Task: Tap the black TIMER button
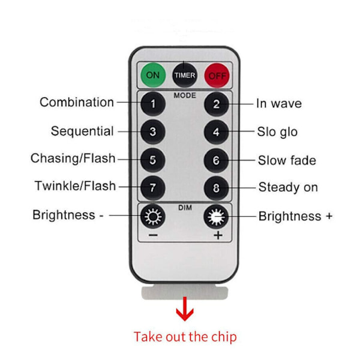(x=185, y=76)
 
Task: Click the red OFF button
(x=217, y=76)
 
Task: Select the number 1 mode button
(x=153, y=104)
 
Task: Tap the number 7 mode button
(x=153, y=188)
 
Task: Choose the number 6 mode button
(x=216, y=160)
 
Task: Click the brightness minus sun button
(x=153, y=216)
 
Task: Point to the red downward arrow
(x=185, y=309)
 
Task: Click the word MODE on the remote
(x=185, y=95)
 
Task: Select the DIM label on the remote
(x=185, y=208)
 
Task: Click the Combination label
(x=77, y=102)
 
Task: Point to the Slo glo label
(x=277, y=132)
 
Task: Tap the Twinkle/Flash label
(x=75, y=186)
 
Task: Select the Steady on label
(x=288, y=187)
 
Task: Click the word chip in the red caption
(x=224, y=337)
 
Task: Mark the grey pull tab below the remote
(x=185, y=293)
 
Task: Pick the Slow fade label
(x=287, y=160)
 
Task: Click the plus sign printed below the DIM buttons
(x=218, y=235)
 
